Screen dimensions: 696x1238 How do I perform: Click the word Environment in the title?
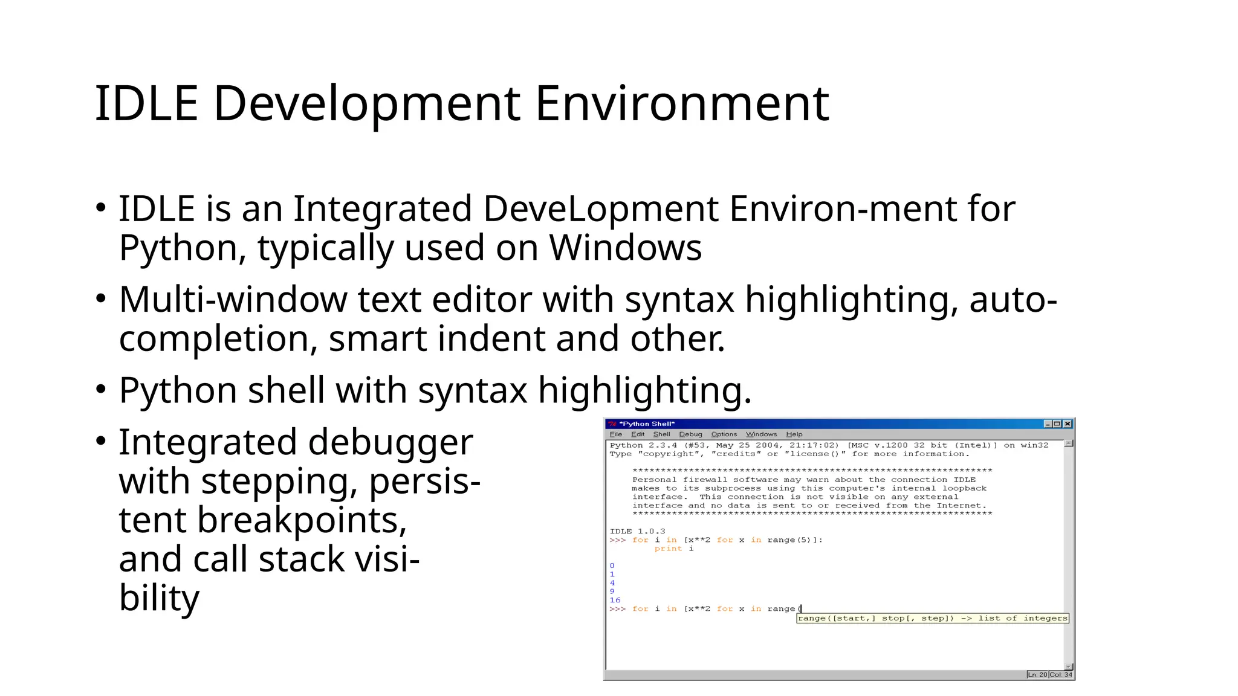682,104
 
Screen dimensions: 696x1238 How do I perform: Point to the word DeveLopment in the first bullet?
601,209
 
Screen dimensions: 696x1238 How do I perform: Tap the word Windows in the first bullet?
625,248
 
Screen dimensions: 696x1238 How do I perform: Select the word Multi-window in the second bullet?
233,300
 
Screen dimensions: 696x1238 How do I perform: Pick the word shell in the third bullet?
286,390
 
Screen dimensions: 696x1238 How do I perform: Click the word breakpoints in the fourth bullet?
302,520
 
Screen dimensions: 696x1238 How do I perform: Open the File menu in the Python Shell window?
616,434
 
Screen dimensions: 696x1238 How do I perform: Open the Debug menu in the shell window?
690,434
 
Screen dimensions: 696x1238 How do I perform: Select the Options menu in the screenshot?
724,434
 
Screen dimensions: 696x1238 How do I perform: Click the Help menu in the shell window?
794,434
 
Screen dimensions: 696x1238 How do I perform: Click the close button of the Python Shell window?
1068,424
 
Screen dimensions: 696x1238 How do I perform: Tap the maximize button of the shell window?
1057,424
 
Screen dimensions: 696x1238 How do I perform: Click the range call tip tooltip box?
933,618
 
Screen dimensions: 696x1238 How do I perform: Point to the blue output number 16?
615,600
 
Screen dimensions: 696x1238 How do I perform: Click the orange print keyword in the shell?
668,549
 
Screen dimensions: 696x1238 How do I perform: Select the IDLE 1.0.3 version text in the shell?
637,532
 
